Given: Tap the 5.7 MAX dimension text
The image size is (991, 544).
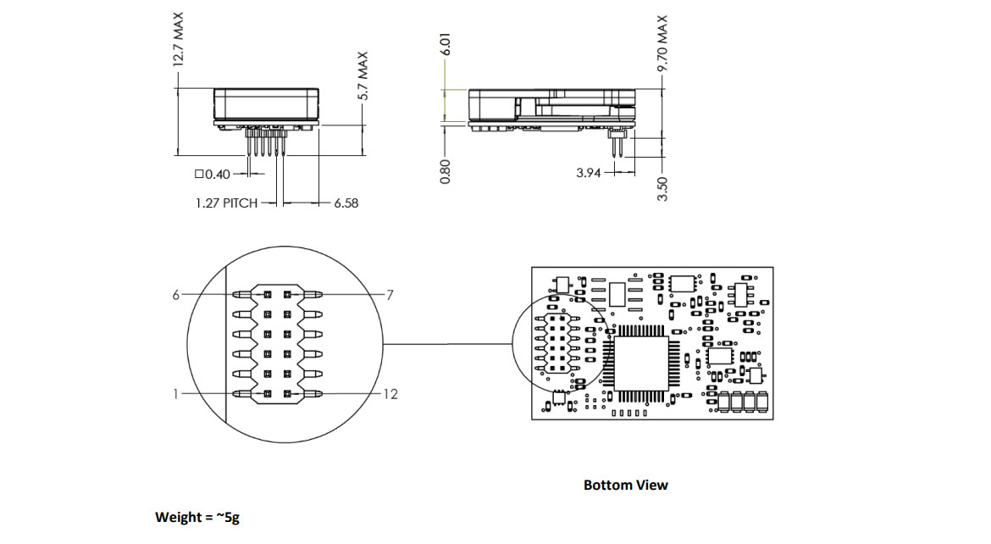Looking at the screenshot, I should point(363,75).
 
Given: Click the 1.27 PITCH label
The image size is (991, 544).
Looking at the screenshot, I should point(226,203).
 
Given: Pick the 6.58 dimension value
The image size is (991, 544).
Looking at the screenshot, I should point(346,203).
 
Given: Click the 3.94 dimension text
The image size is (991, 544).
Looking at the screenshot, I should point(589,173).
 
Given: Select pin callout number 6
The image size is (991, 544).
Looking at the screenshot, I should point(177,294).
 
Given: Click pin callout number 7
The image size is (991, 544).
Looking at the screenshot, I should point(390,295).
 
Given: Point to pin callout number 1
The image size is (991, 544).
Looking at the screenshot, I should point(177,393).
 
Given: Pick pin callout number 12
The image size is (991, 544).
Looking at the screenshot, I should point(390,394).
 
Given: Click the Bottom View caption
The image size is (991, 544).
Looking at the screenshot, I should point(625,485).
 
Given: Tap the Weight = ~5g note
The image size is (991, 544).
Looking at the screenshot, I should point(197,517).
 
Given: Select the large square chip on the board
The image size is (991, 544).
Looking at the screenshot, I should point(641,363).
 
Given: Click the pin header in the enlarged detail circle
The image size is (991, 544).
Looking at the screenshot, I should point(277,344).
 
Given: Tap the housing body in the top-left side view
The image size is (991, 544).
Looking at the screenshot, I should point(266,103).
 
